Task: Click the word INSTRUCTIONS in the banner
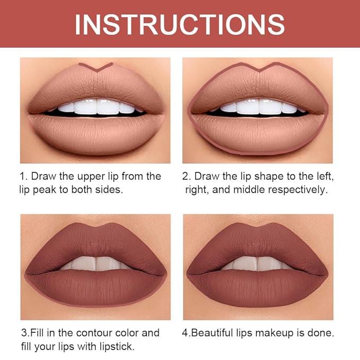click(x=180, y=24)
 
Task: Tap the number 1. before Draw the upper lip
click(x=25, y=176)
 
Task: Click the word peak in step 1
click(x=53, y=189)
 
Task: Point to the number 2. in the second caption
click(x=187, y=176)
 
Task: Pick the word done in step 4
click(x=321, y=333)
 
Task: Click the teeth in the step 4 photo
click(x=258, y=263)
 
